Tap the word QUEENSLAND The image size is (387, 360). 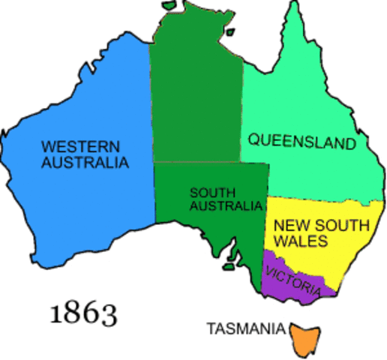(301, 141)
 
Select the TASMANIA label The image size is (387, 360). (246, 328)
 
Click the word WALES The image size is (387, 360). (300, 241)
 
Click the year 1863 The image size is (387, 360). (83, 313)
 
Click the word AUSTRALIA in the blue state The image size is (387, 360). (85, 162)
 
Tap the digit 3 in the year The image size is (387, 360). (108, 313)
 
